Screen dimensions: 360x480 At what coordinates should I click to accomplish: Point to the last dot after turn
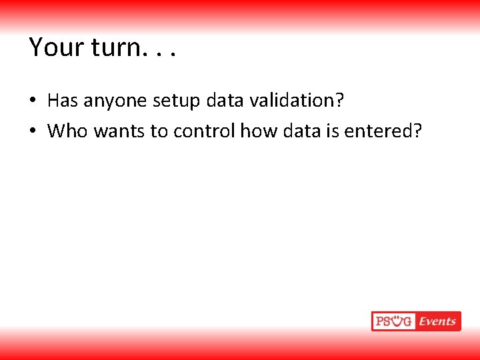point(173,55)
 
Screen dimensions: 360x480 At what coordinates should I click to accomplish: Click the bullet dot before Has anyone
point(32,101)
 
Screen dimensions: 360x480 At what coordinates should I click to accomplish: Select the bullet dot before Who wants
point(32,131)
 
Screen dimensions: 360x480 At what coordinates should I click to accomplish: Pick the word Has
point(63,101)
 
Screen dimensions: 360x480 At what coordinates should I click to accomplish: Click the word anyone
point(115,101)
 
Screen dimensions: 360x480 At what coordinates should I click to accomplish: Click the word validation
point(297,101)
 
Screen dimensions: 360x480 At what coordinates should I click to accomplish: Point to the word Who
point(67,131)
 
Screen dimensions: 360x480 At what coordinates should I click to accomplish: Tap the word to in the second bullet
point(159,131)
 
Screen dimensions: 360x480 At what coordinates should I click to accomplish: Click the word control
point(204,131)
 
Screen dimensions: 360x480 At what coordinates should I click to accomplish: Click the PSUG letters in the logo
point(394,321)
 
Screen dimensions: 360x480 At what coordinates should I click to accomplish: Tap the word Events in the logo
point(437,321)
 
